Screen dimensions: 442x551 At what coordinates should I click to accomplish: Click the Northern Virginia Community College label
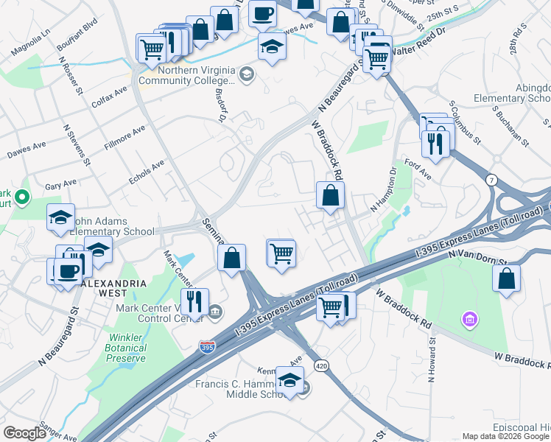186,73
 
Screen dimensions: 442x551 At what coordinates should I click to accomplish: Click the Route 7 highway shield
491,180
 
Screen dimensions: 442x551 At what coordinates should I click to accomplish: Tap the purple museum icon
468,319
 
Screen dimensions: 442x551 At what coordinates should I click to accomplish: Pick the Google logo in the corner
24,432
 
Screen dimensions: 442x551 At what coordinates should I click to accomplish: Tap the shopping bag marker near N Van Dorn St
506,278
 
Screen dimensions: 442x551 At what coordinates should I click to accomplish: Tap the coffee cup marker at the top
262,13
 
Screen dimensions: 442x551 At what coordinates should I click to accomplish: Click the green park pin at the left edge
22,197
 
